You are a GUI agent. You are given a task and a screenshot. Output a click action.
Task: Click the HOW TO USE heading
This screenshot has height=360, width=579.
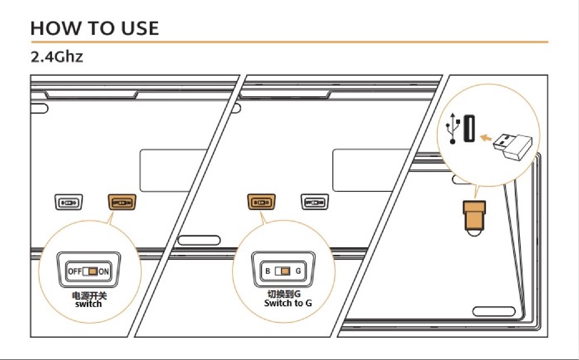pyautogui.click(x=95, y=28)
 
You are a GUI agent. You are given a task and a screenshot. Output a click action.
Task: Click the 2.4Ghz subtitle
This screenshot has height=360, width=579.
pyautogui.click(x=57, y=57)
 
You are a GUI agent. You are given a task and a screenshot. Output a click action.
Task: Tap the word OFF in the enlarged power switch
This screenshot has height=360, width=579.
pyautogui.click(x=74, y=272)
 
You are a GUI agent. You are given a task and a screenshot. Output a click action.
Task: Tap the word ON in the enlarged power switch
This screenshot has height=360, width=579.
pyautogui.click(x=103, y=272)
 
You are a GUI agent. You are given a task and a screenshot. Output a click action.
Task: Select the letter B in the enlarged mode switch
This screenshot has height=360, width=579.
pyautogui.click(x=268, y=272)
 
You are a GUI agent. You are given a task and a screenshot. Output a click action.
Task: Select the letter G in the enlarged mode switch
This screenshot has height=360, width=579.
pyautogui.click(x=298, y=272)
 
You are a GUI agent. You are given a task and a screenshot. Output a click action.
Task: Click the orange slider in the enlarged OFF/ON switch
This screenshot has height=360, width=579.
pyautogui.click(x=92, y=272)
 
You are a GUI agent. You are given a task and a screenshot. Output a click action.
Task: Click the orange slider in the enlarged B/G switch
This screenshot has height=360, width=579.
pyautogui.click(x=285, y=272)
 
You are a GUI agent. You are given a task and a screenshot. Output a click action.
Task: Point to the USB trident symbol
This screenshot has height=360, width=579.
pyautogui.click(x=453, y=128)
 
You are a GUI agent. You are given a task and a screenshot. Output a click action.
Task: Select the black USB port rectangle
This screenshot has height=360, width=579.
pyautogui.click(x=470, y=129)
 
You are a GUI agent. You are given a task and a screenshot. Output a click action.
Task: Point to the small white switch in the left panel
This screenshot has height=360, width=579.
pyautogui.click(x=69, y=202)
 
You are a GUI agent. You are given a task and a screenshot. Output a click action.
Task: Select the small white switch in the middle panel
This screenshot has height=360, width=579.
pyautogui.click(x=314, y=202)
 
